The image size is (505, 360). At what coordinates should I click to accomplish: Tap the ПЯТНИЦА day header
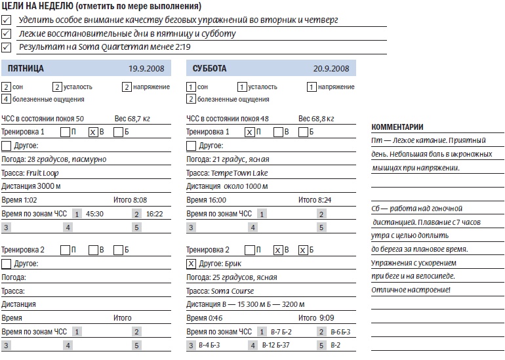[x=26, y=68]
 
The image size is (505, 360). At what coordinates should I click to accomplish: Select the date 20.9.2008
[x=331, y=68]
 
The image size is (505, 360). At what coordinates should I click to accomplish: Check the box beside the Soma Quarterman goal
[x=7, y=47]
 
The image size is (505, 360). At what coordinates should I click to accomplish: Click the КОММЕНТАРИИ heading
[x=397, y=127]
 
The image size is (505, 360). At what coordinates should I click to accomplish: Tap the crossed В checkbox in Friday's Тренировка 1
[x=93, y=132]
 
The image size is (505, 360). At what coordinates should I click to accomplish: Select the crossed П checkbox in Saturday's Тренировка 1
[x=249, y=132]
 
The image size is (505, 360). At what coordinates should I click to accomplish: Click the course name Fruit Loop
[x=42, y=173]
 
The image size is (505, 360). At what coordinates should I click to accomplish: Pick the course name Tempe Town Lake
[x=239, y=173]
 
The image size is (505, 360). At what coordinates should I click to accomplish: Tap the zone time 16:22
[x=155, y=214]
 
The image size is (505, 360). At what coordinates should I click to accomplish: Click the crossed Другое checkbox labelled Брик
[x=191, y=264]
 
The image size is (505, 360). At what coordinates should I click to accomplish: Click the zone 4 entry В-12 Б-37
[x=276, y=345]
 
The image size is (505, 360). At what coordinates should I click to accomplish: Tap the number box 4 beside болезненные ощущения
[x=6, y=100]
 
